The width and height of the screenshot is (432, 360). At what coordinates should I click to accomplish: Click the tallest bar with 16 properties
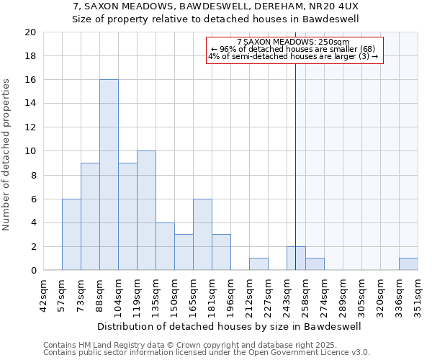[x=109, y=175]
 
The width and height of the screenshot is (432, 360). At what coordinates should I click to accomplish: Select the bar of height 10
[x=146, y=210]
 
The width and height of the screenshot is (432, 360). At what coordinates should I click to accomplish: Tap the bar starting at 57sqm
[x=71, y=234]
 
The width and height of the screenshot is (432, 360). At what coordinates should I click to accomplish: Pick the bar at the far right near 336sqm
[x=408, y=264]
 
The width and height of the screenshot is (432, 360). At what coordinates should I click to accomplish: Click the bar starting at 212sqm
[x=258, y=264]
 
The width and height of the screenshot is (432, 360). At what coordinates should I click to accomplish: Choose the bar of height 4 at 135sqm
[x=165, y=246]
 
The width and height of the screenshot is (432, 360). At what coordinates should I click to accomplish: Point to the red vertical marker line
[x=295, y=180]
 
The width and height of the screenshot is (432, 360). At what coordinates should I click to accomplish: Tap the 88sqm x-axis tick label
[x=100, y=296]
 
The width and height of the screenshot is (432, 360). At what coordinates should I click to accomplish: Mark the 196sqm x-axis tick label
[x=231, y=296]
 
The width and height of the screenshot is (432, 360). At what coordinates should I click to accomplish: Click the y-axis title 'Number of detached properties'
[x=7, y=155]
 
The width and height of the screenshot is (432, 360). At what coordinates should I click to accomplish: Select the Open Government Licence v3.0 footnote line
[x=207, y=352]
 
